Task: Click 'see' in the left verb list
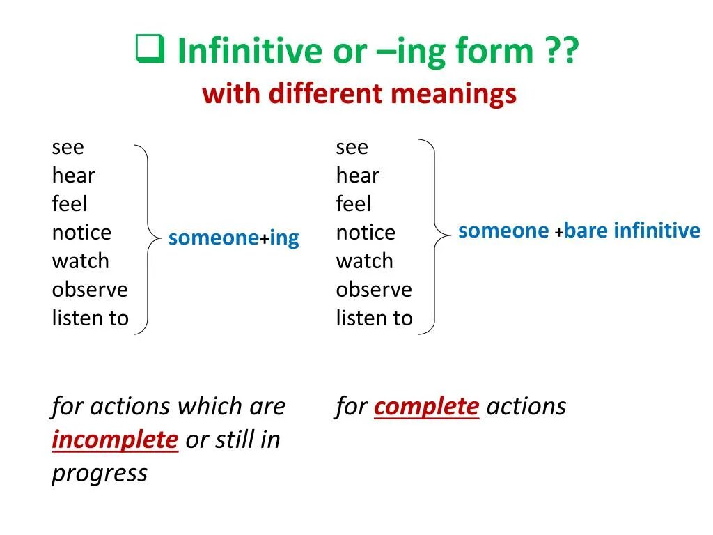[68, 148]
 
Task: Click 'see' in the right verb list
[352, 148]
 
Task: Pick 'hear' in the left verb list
[73, 176]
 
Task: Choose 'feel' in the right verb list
[353, 204]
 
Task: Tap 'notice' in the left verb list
[81, 233]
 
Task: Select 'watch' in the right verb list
[364, 261]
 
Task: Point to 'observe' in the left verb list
[90, 290]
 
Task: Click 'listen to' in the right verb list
[374, 318]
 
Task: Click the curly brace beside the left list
[146, 237]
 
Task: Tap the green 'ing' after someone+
[284, 238]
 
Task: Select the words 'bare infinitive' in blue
[632, 231]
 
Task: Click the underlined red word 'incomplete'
[115, 440]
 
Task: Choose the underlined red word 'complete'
[426, 407]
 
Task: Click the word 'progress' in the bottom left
[100, 474]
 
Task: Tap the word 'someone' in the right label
[503, 231]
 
